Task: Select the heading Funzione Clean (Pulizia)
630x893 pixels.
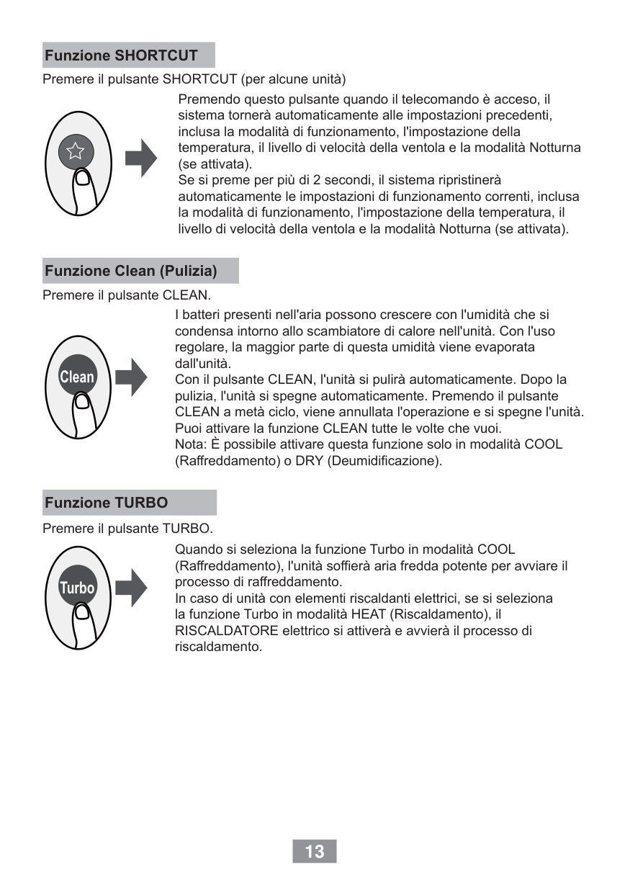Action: click(131, 271)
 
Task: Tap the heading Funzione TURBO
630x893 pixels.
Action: click(106, 503)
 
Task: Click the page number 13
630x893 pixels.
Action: click(315, 852)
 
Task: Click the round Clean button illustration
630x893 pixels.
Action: click(76, 376)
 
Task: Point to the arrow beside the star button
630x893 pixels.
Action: click(141, 158)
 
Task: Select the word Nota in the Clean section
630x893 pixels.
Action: click(189, 444)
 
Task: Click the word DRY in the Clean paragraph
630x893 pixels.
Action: click(309, 460)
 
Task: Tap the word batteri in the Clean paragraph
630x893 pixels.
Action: click(202, 315)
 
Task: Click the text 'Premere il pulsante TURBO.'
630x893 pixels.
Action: click(128, 529)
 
